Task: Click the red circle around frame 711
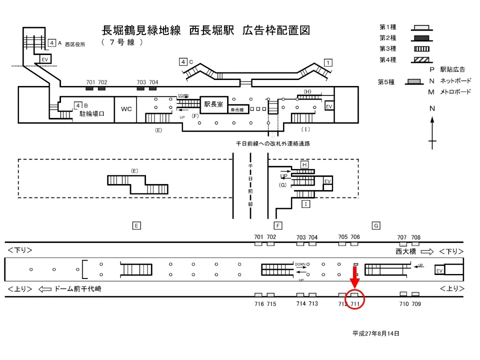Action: (x=355, y=299)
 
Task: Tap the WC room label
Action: (x=126, y=108)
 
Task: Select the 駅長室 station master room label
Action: (x=214, y=104)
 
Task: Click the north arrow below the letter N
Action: (x=432, y=132)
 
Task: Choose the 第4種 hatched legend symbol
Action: (x=421, y=59)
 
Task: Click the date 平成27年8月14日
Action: (x=375, y=333)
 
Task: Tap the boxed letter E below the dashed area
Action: (x=136, y=225)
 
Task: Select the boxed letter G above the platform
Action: (x=375, y=225)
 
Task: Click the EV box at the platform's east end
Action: (x=439, y=270)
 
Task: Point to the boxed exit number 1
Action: (x=328, y=62)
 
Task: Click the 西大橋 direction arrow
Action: (x=426, y=251)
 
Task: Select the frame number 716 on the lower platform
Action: (x=259, y=303)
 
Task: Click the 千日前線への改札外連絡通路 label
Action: (x=273, y=143)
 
